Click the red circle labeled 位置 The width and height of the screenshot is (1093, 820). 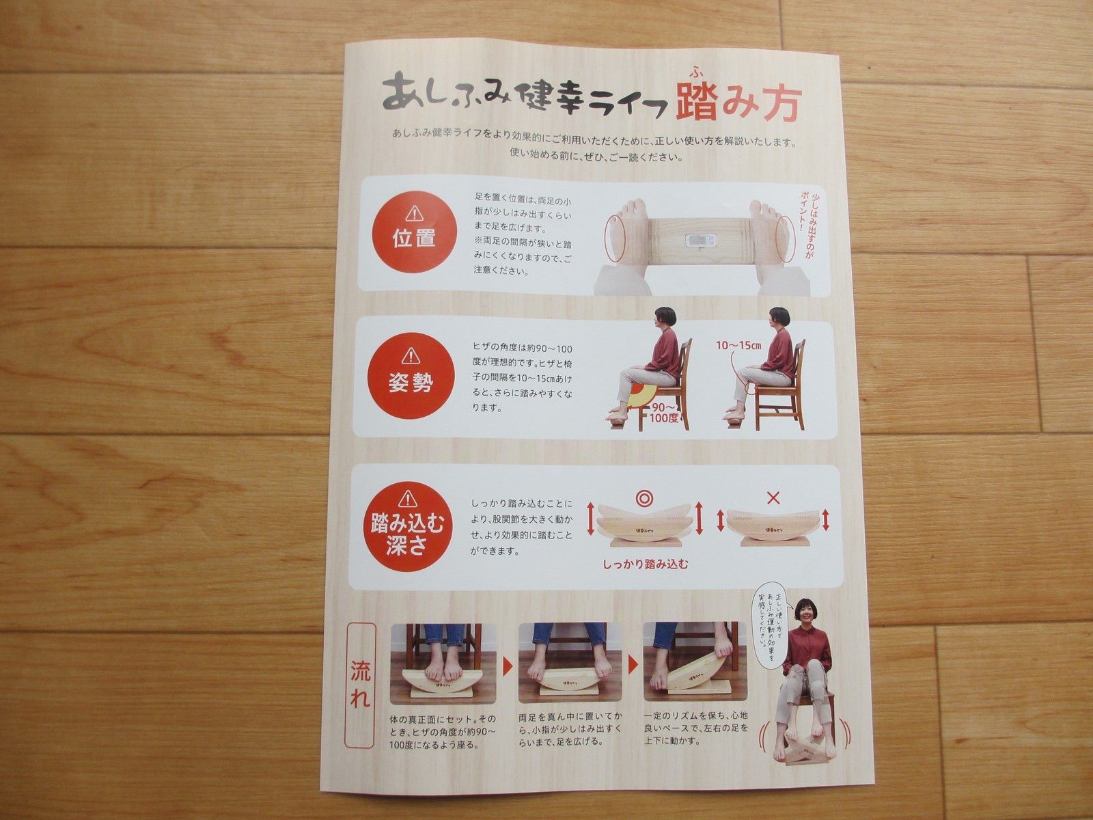point(414,231)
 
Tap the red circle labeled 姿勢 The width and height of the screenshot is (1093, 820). point(411,376)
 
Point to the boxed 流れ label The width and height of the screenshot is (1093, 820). point(361,684)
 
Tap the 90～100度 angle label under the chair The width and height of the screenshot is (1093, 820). point(664,412)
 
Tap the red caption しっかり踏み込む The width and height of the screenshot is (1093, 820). point(646,564)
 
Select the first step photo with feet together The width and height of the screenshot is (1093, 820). point(443,663)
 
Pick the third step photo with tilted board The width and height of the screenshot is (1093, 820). point(695,661)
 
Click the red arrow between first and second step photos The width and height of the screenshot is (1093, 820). point(508,666)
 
